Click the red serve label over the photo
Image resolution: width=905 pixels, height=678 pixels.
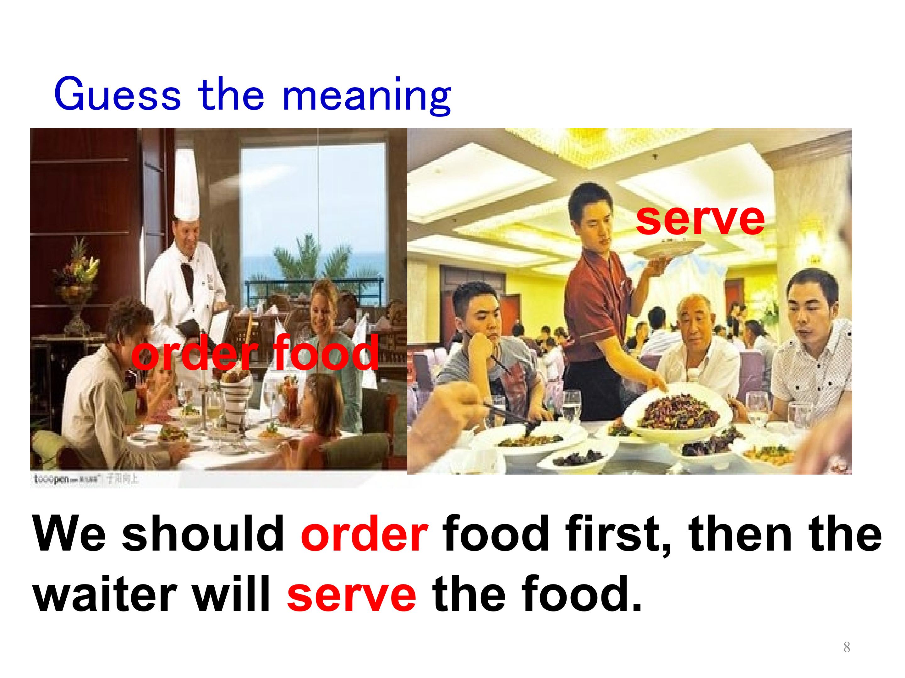pos(700,219)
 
